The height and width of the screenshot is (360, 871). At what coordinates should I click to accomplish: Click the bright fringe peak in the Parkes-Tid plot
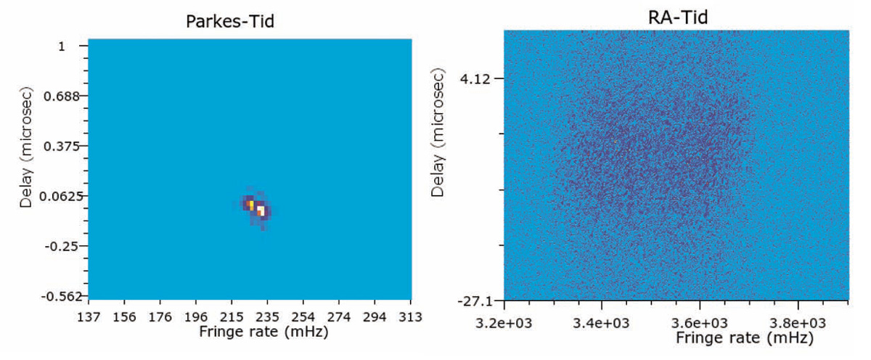260,210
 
